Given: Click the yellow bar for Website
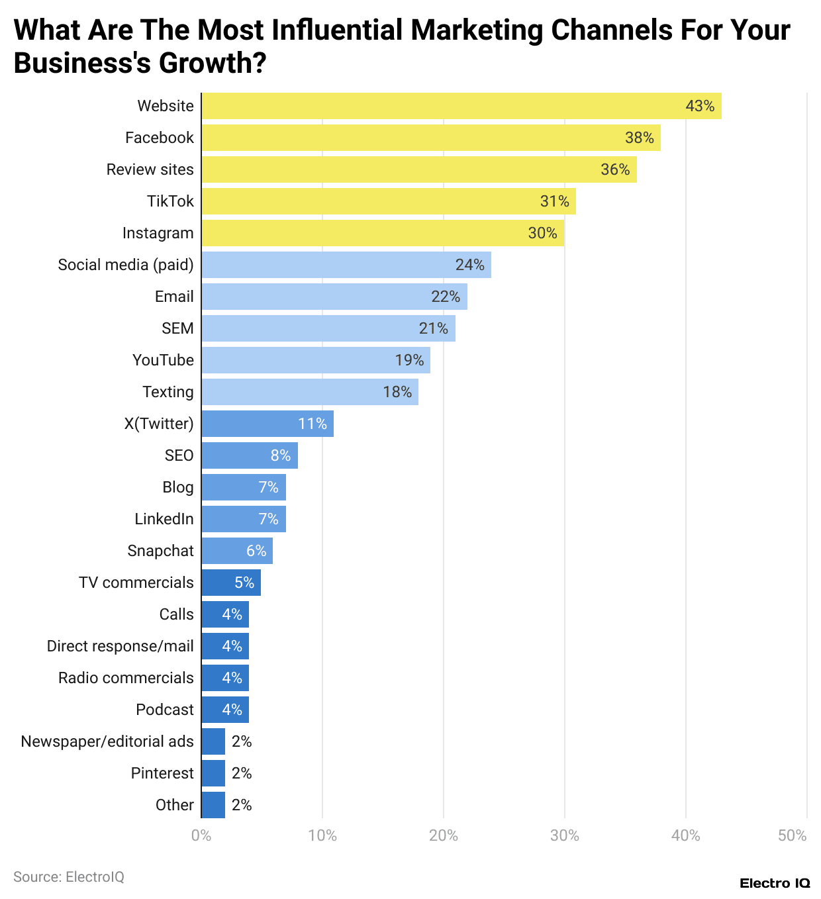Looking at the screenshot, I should (461, 106).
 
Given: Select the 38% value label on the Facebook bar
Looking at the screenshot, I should (639, 138).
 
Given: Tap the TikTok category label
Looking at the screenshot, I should (170, 201).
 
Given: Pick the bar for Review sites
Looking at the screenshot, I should (418, 169).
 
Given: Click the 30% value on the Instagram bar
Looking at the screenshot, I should (542, 233).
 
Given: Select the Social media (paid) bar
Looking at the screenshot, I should (346, 265).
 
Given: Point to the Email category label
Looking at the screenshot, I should (174, 297).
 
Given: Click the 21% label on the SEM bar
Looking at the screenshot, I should (434, 328).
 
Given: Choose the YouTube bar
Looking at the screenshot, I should (315, 360).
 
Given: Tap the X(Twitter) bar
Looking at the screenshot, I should (267, 424).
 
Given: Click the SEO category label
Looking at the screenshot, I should (179, 455).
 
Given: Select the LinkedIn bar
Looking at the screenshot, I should (243, 519).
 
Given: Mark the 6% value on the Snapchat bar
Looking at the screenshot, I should (256, 551).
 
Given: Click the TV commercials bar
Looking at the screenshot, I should (230, 583).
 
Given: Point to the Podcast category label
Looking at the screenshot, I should (165, 710).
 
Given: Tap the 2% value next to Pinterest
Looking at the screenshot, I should (242, 773).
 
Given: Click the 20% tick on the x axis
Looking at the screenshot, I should (443, 835).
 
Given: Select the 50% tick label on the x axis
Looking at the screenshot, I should (793, 835).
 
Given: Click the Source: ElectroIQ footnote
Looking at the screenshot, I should (69, 876).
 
